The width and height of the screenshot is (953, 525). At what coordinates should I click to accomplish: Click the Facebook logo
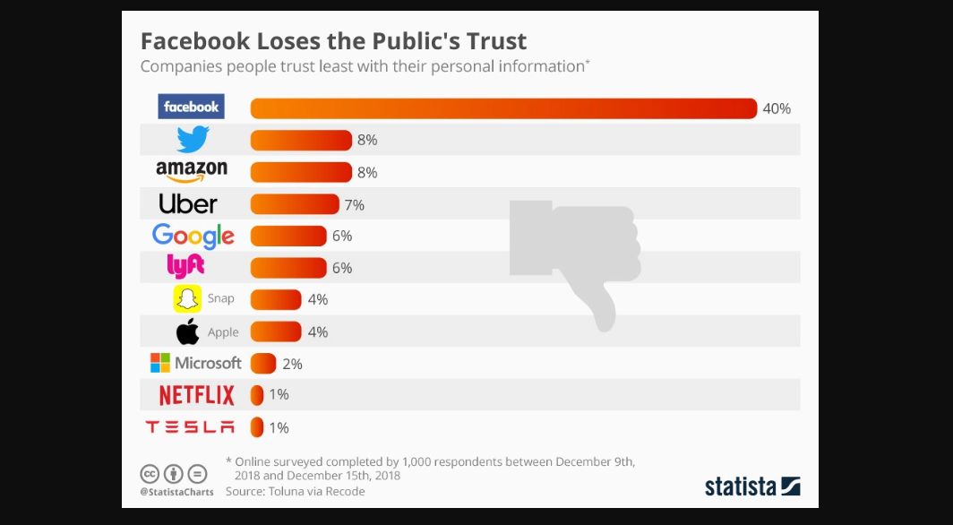point(191,107)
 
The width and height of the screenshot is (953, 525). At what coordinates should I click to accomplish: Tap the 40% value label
point(777,108)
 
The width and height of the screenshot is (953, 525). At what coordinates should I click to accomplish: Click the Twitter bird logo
point(193,139)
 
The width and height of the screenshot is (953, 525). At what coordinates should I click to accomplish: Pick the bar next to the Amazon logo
point(301,172)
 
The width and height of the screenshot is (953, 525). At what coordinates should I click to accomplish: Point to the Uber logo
point(188,204)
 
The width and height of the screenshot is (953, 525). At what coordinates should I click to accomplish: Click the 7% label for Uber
point(354,205)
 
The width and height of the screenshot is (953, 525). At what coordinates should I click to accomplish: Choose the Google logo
point(193,236)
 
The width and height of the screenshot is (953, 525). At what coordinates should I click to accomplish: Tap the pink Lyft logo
point(186,266)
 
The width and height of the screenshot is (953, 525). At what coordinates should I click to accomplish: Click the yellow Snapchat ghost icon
point(187,299)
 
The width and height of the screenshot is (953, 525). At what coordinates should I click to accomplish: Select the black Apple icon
point(188,331)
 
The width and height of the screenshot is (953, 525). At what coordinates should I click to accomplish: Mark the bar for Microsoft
point(262,364)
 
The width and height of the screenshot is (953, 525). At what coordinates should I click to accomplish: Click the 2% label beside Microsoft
point(292,364)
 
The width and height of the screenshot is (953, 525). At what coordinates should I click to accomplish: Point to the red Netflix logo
point(196,395)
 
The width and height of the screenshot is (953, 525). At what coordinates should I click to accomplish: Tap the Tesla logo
point(190,427)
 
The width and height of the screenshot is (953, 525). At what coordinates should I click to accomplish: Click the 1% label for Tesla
point(279,427)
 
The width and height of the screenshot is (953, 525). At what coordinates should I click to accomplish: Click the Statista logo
point(752,486)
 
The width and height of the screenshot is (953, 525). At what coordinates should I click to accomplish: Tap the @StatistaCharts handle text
point(176,492)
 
